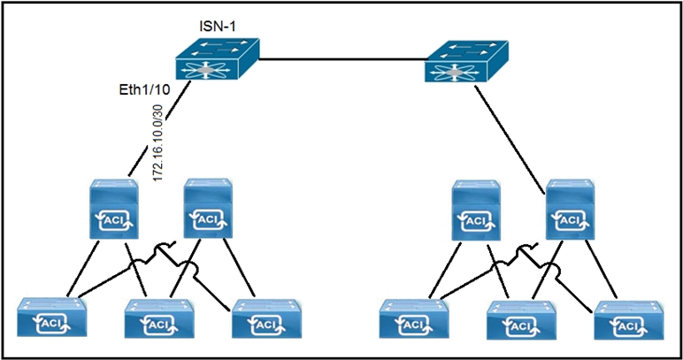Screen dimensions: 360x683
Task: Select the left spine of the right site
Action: (477, 210)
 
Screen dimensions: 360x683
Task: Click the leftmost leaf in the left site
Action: (53, 320)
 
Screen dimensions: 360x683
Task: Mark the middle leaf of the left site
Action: (158, 320)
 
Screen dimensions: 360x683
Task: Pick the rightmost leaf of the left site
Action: (264, 320)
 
